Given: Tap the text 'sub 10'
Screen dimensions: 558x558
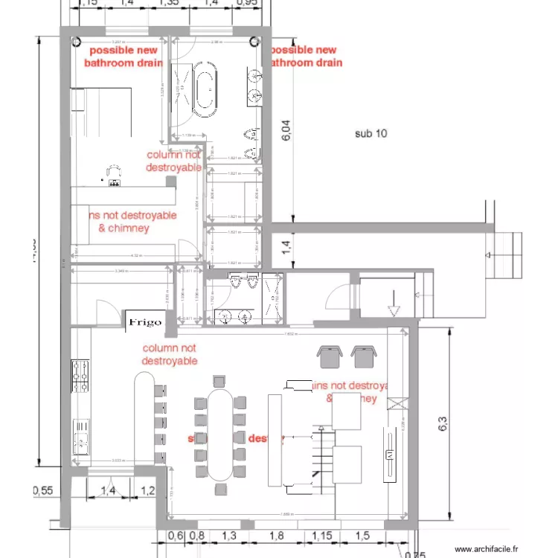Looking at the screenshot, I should tap(373, 134).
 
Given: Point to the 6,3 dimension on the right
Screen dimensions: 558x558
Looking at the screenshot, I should tap(441, 425).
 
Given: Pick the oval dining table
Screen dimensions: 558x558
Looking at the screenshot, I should tap(219, 434).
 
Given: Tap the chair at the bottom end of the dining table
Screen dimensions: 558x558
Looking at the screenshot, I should tap(220, 489).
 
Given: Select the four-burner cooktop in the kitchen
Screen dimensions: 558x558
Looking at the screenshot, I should tap(80, 376).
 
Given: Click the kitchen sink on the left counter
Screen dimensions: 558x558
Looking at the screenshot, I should tap(80, 435).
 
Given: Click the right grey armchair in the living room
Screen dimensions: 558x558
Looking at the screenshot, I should tap(363, 356).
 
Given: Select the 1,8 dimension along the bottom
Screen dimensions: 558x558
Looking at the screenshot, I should tap(276, 536).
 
